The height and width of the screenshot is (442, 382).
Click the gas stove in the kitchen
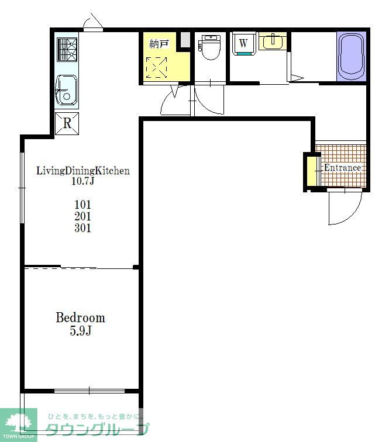point(67,50)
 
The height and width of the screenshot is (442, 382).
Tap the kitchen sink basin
point(66,90)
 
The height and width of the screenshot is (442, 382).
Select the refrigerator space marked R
point(67,123)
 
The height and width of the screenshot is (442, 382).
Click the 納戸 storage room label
point(159,44)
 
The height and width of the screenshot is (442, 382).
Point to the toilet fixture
point(210,47)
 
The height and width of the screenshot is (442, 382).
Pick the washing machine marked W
point(244,43)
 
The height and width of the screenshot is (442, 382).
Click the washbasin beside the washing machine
point(273,41)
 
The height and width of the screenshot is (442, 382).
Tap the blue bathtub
point(351,56)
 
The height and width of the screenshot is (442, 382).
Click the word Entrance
point(342,168)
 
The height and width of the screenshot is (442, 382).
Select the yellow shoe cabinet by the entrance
point(311,171)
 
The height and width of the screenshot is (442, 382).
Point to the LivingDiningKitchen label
point(83,171)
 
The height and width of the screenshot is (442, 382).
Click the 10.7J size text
point(82,181)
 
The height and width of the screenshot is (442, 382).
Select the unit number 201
point(82,216)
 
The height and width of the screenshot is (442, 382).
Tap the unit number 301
point(82,228)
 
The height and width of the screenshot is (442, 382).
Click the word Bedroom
point(80,317)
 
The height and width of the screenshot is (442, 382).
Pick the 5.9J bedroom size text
point(80,331)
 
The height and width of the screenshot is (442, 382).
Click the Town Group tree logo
point(19,424)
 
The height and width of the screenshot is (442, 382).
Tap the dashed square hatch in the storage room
point(157,68)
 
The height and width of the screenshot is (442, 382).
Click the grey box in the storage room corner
point(185,40)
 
